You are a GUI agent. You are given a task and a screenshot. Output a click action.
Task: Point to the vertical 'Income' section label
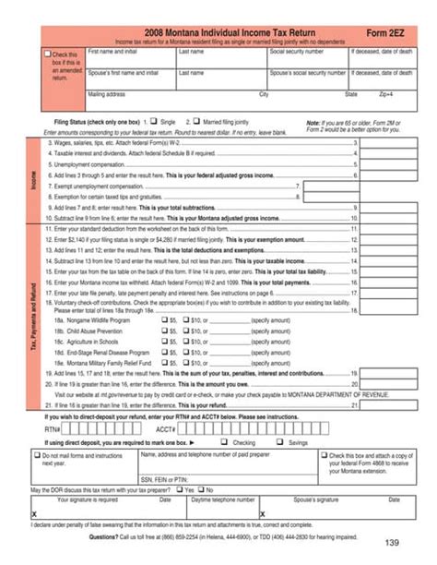[34, 180]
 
